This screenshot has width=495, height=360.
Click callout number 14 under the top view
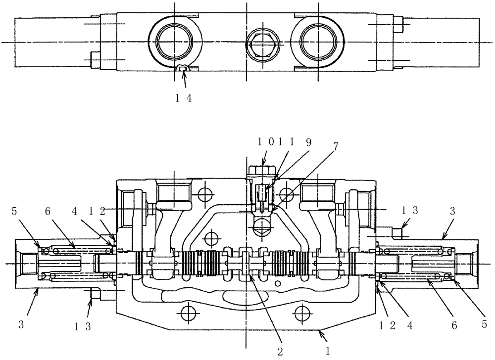tap(183, 98)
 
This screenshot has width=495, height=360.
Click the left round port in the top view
tap(176, 41)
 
